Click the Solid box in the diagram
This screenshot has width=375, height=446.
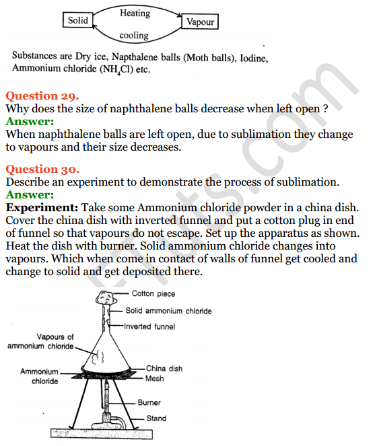(78, 21)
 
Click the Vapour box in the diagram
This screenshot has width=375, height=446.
(201, 22)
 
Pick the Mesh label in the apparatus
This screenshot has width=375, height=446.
(156, 379)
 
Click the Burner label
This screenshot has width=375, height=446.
(149, 403)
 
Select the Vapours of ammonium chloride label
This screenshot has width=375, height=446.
(40, 341)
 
